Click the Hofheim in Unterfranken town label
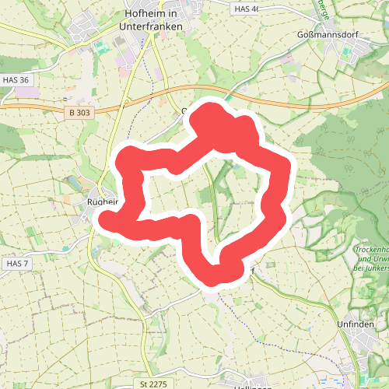pyautogui.click(x=152, y=19)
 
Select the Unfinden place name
pyautogui.click(x=356, y=323)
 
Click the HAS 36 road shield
pyautogui.click(x=15, y=79)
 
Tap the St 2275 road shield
pyautogui.click(x=154, y=384)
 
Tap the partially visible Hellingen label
pyautogui.click(x=251, y=386)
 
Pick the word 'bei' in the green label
pyautogui.click(x=357, y=267)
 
